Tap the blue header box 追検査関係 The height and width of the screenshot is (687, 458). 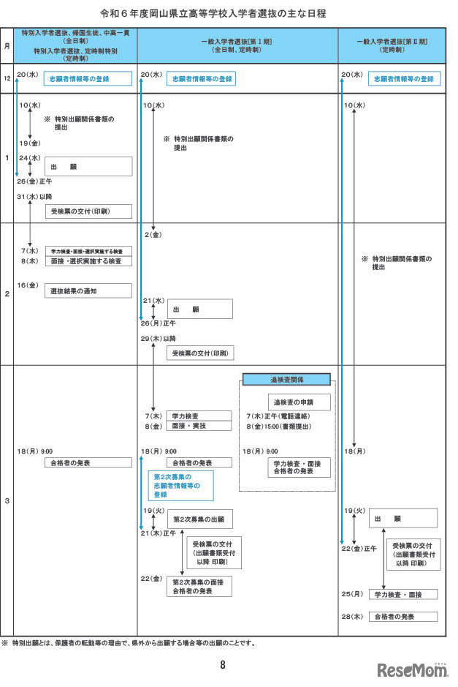pos(286,379)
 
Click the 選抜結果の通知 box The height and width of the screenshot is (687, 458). pos(88,291)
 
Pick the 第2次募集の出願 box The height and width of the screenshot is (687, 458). pos(199,519)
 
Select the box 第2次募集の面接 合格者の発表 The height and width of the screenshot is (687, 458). pos(199,586)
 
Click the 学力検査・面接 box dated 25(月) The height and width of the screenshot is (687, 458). pos(401,594)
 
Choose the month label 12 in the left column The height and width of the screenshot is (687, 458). pos(7,78)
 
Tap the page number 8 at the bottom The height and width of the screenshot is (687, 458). pos(223,665)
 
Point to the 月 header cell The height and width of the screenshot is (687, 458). pos(7,45)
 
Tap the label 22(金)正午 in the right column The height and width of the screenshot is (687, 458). pos(359,548)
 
